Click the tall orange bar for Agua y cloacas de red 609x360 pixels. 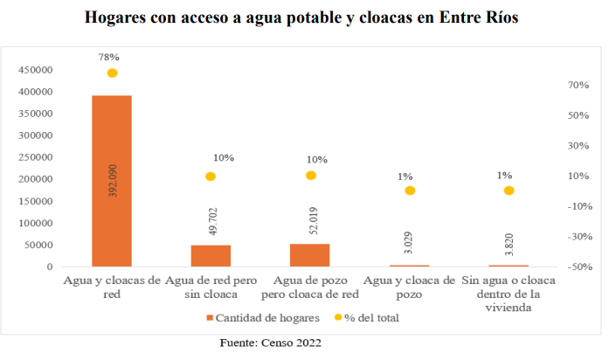112,181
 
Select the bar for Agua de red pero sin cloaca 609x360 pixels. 211,255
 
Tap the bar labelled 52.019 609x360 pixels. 310,254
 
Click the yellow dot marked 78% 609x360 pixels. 112,73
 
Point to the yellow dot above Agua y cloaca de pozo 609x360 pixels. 409,190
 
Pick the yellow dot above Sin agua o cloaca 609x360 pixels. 509,190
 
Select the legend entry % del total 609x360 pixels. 373,317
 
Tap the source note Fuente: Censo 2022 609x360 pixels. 270,343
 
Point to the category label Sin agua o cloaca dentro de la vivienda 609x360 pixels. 509,294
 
